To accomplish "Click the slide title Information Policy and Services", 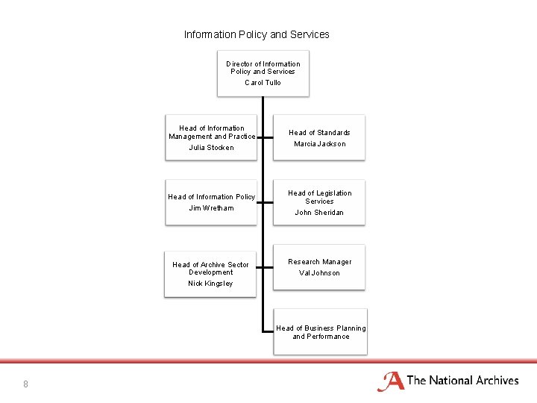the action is (257, 34).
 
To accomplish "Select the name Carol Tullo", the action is (263, 83).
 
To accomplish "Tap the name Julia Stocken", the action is (211, 148).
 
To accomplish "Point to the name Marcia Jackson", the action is (319, 144).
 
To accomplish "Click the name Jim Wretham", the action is (211, 208).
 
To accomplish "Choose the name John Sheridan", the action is (319, 213).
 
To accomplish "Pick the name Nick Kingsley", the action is (210, 284).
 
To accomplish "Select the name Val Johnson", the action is (319, 273).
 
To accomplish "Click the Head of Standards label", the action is (319, 133).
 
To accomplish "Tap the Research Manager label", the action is (319, 262).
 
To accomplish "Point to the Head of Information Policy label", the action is (211, 197).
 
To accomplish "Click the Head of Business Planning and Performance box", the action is (321, 332).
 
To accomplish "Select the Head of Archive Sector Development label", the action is (210, 269).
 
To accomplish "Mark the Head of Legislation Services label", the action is (319, 197).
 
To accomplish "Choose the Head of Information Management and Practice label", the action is (212, 132).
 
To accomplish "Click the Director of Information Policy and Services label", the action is (263, 68).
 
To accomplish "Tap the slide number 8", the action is (25, 384).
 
